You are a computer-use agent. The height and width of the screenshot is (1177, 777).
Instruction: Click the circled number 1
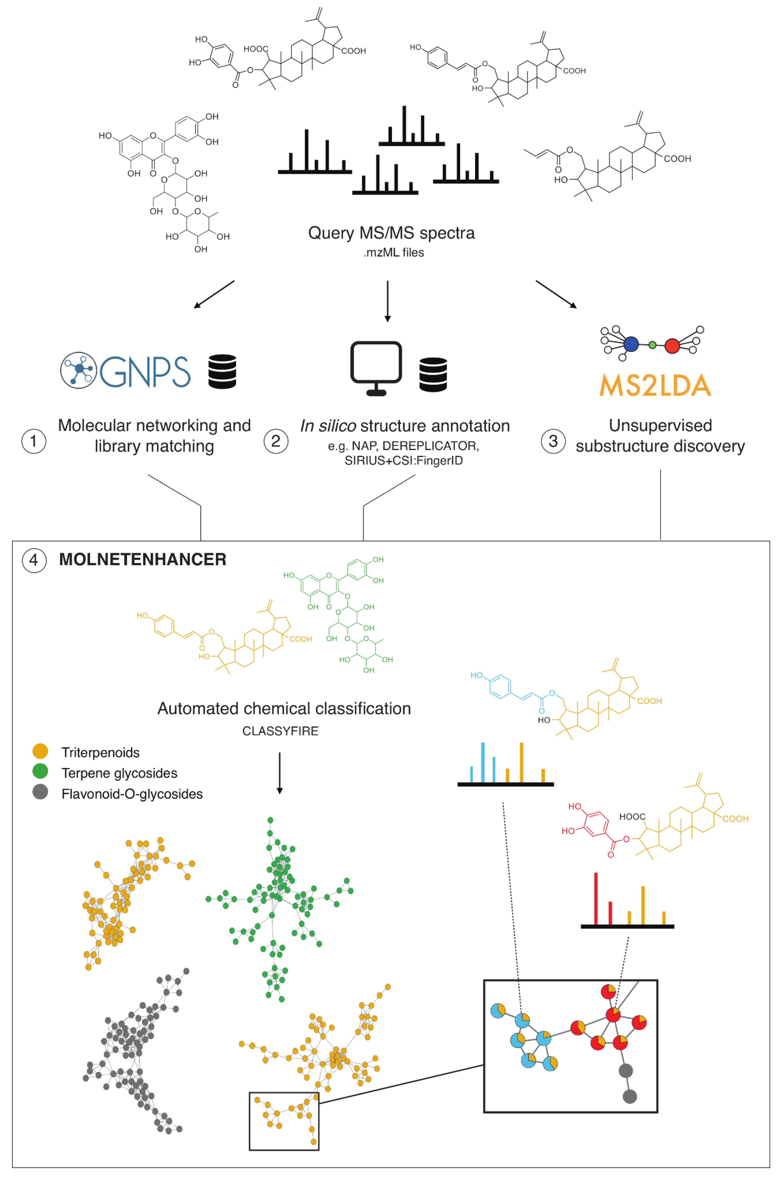click(x=34, y=441)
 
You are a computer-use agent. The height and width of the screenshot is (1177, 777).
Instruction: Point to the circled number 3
click(x=553, y=441)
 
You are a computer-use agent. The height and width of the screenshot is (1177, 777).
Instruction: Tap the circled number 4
click(x=34, y=560)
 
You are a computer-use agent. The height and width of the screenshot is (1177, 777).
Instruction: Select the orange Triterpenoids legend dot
click(x=40, y=751)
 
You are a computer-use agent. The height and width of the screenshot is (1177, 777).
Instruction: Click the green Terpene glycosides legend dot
click(x=40, y=771)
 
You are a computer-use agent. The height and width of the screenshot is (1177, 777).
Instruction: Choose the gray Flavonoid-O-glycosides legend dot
click(x=40, y=792)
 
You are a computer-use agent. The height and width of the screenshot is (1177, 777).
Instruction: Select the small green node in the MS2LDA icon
click(x=652, y=345)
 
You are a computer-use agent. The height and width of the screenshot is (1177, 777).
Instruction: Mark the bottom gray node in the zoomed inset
click(x=629, y=1096)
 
